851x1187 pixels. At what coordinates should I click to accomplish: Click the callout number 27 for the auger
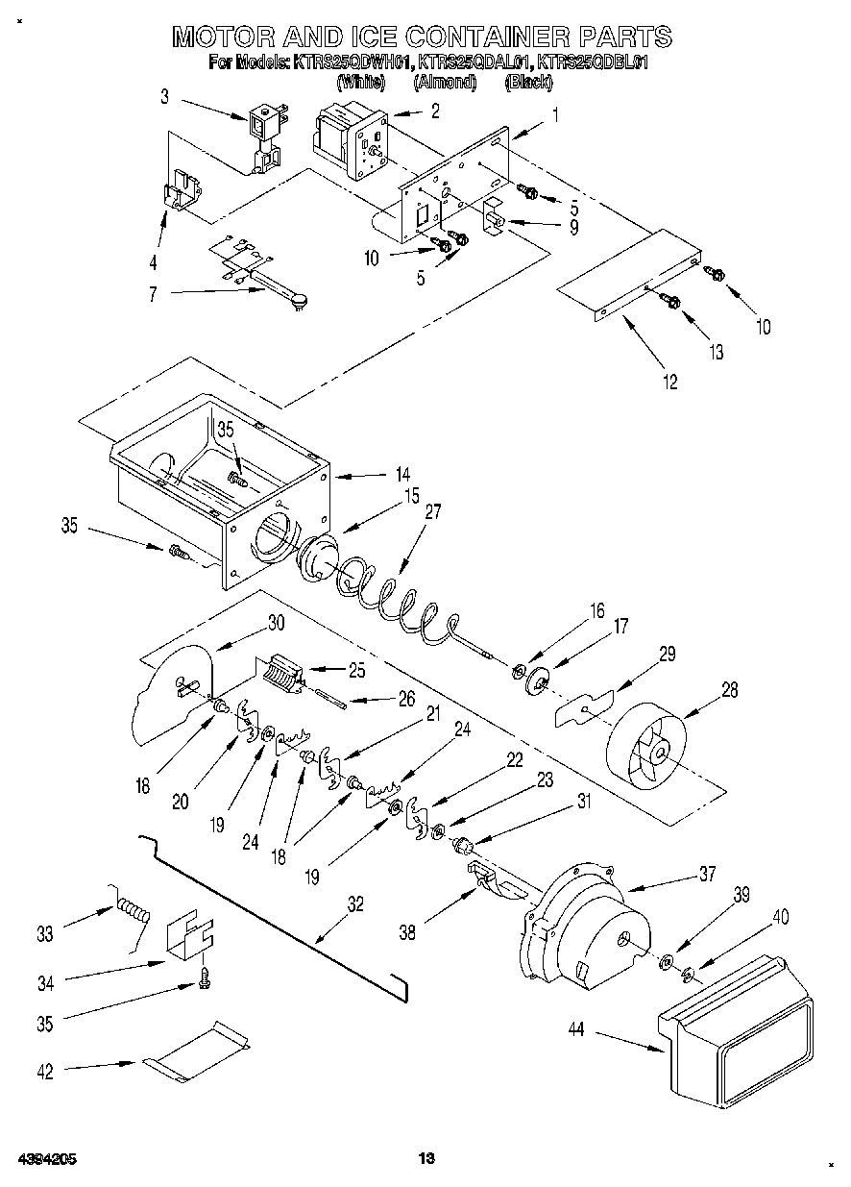click(433, 512)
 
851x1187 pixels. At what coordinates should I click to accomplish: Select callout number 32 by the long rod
click(355, 903)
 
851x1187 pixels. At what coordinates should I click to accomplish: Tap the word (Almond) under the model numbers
click(445, 83)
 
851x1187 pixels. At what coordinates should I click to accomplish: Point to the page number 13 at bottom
click(426, 1157)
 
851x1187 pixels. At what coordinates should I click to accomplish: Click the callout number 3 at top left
click(164, 96)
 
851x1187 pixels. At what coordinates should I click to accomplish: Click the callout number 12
click(669, 383)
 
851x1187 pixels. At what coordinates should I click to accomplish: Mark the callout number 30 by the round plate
click(276, 623)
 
